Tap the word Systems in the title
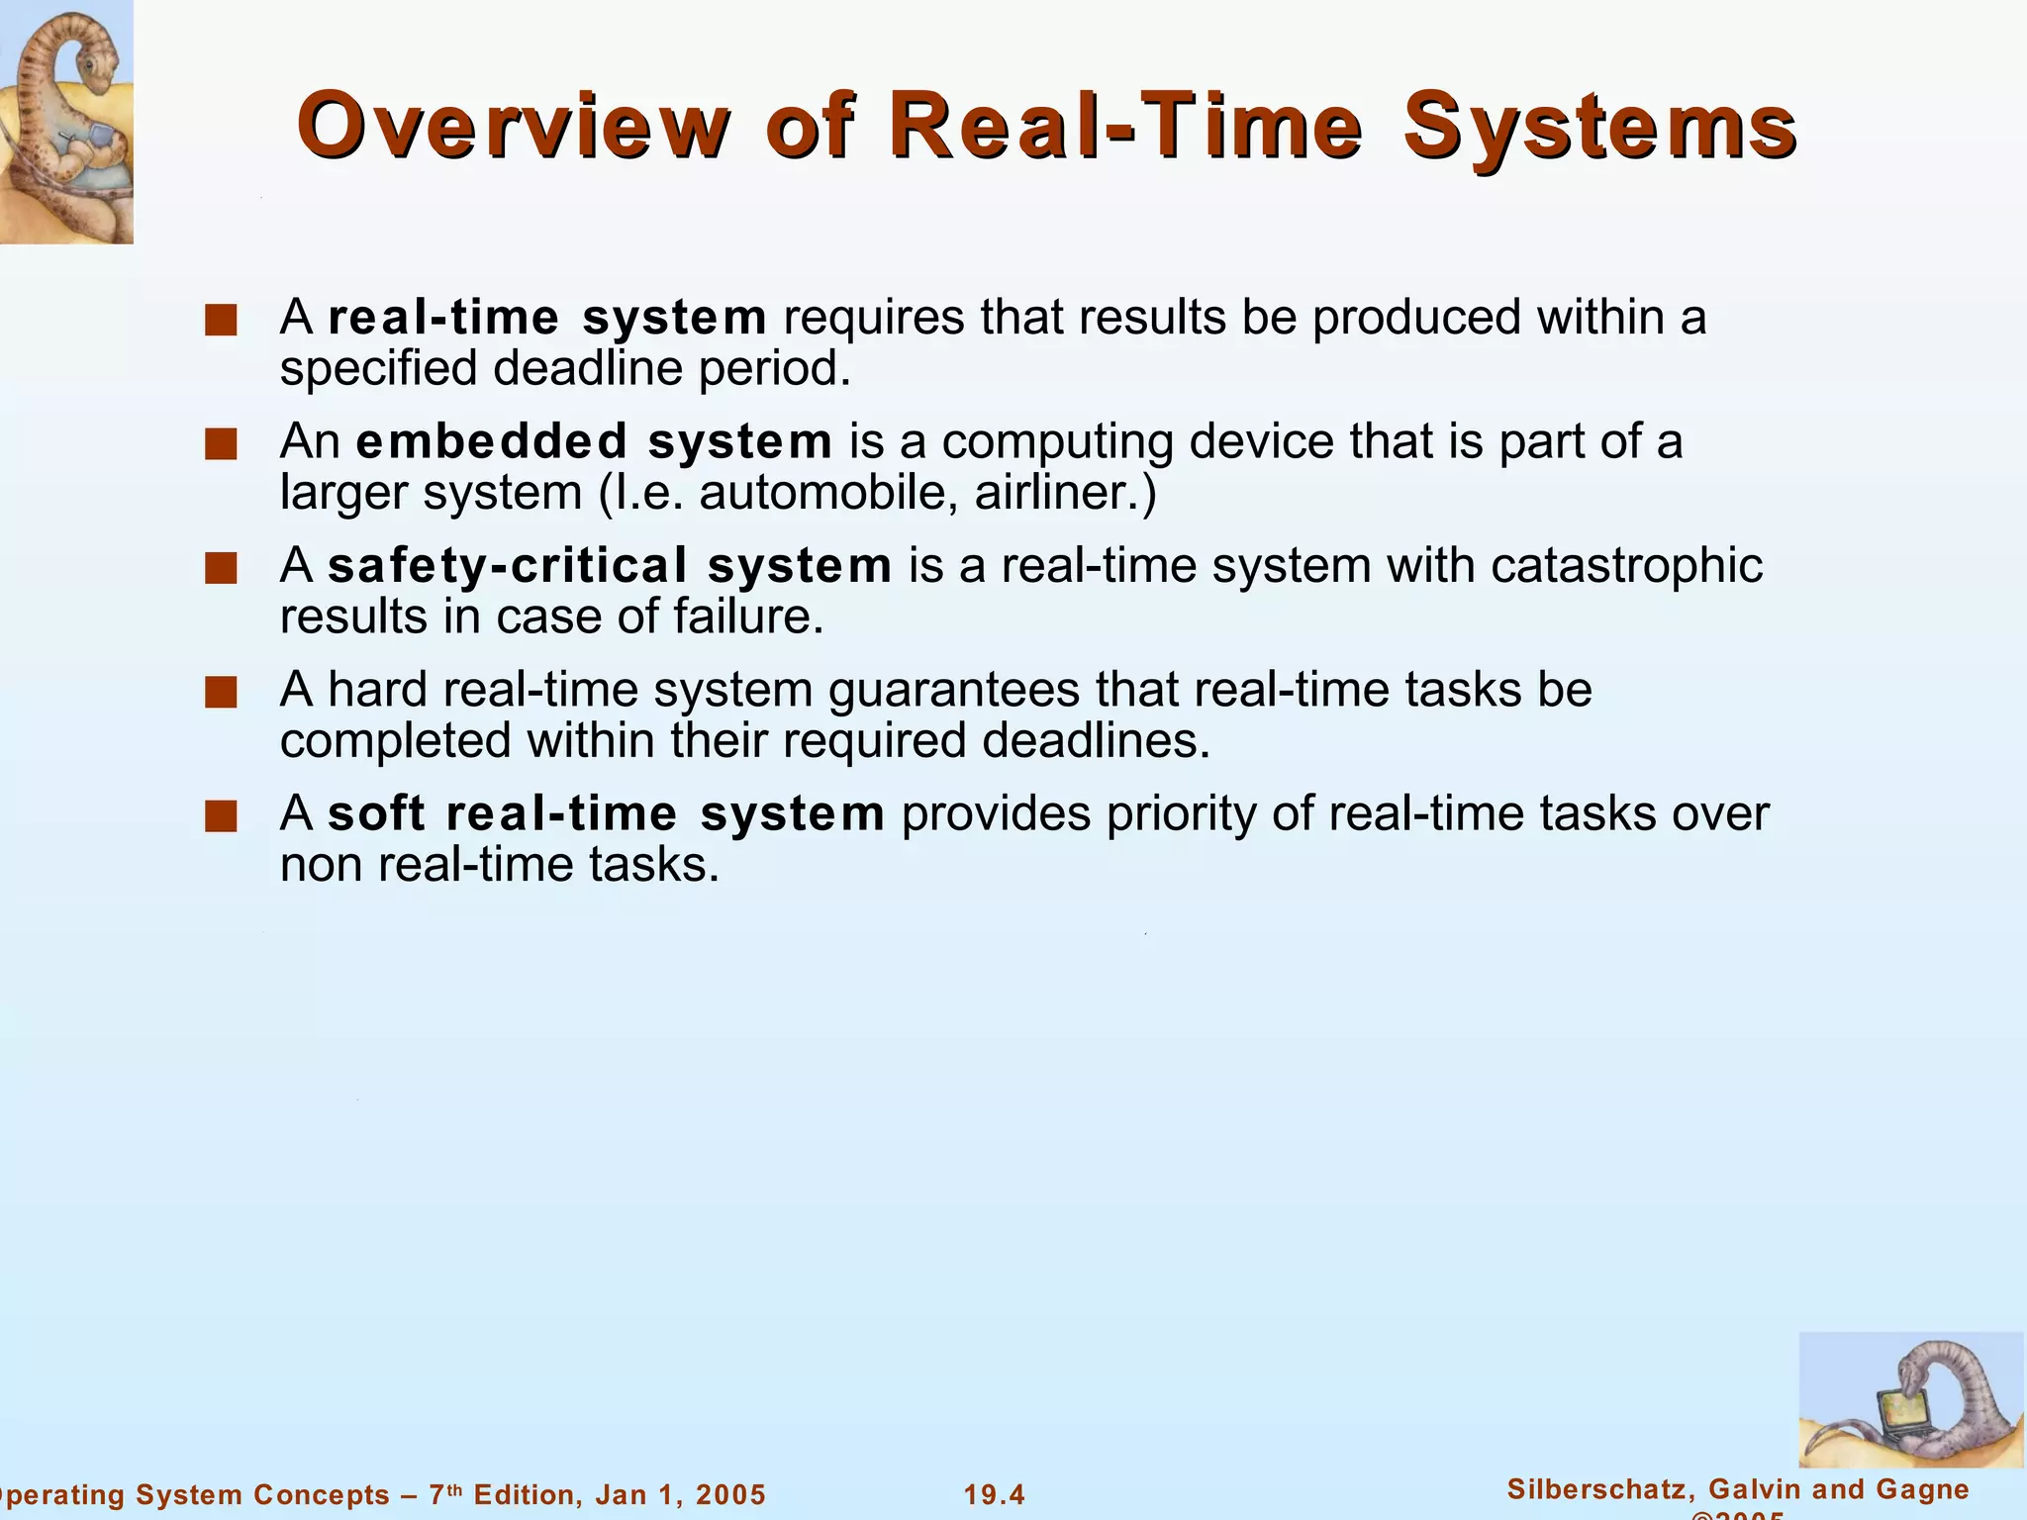pos(1599,126)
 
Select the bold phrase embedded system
pos(594,441)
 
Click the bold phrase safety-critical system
pos(610,566)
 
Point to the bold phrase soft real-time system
pos(606,814)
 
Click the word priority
pos(1209,814)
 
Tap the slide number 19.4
pos(995,1494)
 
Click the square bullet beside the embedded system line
pos(221,444)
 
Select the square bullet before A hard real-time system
pos(221,693)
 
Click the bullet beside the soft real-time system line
pos(221,817)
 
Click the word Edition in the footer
pos(521,1494)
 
